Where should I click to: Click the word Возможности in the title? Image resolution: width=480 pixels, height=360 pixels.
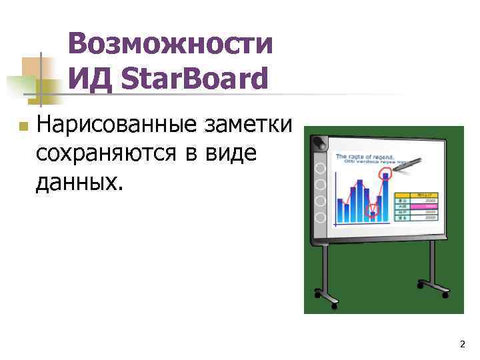tap(170, 45)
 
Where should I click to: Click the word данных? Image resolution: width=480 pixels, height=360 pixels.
tap(79, 181)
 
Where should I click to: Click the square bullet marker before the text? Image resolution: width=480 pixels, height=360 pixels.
tap(22, 125)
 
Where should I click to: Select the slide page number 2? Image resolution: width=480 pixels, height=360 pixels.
tap(462, 344)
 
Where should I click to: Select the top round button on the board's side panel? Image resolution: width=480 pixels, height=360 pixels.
tap(321, 167)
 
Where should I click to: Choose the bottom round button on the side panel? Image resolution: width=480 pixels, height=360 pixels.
tap(321, 217)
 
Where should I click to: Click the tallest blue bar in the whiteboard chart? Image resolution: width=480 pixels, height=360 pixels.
tap(385, 197)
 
